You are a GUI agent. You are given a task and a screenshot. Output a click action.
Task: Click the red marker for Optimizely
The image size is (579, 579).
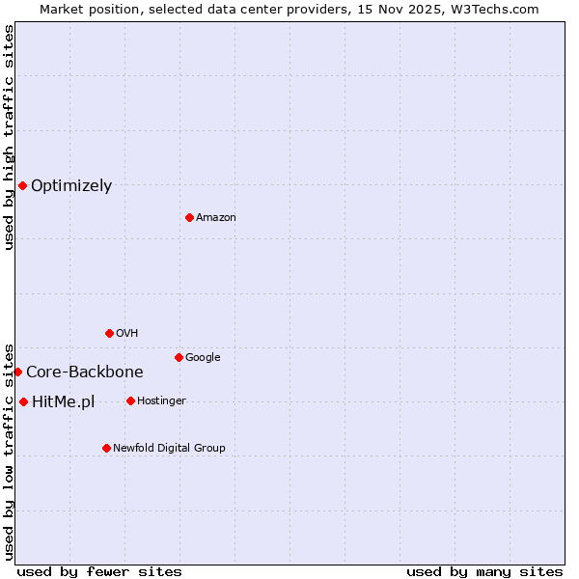pyautogui.click(x=22, y=185)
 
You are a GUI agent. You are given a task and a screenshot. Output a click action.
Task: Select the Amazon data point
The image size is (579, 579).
pyautogui.click(x=189, y=217)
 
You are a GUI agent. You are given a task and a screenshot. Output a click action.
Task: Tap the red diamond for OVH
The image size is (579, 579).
pyautogui.click(x=109, y=333)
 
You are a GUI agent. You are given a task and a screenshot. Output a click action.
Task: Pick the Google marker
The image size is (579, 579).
pyautogui.click(x=179, y=357)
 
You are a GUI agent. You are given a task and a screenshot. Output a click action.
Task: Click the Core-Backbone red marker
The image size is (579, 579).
pyautogui.click(x=17, y=372)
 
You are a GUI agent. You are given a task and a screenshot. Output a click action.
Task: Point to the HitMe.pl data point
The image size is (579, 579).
pyautogui.click(x=23, y=401)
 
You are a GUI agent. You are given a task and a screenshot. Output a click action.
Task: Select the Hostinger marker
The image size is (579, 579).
pyautogui.click(x=130, y=400)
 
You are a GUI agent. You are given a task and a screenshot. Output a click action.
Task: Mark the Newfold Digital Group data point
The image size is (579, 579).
pyautogui.click(x=106, y=448)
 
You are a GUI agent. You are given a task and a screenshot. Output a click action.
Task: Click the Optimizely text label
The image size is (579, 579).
pyautogui.click(x=71, y=186)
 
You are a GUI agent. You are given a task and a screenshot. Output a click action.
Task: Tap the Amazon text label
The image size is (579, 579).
pyautogui.click(x=216, y=218)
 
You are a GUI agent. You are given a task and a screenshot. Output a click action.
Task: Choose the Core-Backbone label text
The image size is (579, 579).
pyautogui.click(x=85, y=372)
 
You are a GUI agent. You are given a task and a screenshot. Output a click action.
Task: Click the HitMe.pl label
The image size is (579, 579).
pyautogui.click(x=64, y=402)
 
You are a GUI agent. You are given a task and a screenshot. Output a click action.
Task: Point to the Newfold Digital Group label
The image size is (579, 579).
pyautogui.click(x=169, y=449)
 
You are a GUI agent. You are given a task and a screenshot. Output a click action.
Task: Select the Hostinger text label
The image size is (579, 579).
pyautogui.click(x=161, y=401)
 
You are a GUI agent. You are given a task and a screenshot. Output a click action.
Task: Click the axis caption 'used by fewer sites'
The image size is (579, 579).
pyautogui.click(x=99, y=571)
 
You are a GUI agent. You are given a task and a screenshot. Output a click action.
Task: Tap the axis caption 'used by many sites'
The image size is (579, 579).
pyautogui.click(x=484, y=571)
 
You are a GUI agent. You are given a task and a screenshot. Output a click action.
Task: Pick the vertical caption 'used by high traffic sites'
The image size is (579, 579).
pyautogui.click(x=9, y=137)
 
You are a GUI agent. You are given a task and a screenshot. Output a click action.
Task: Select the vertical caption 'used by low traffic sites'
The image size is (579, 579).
pyautogui.click(x=9, y=451)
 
